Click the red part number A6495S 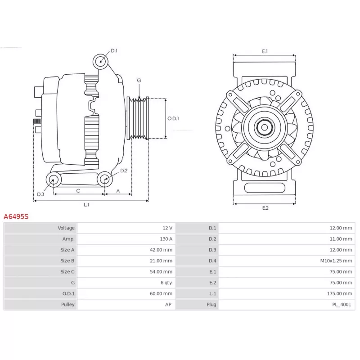click(x=16, y=216)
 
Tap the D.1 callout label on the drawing click(x=114, y=51)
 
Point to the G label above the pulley click(x=139, y=81)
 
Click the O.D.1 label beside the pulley click(x=173, y=118)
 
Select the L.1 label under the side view click(x=86, y=205)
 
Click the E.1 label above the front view click(x=265, y=51)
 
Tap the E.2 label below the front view click(x=265, y=208)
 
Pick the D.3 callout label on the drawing click(x=40, y=194)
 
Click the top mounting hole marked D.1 click(x=100, y=62)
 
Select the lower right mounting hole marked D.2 click(x=105, y=179)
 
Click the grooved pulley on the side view click(x=138, y=118)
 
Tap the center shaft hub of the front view click(x=265, y=127)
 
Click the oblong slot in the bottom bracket click(x=265, y=188)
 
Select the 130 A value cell click(x=166, y=239)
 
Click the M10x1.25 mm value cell click(x=336, y=261)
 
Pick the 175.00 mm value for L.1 click(x=340, y=294)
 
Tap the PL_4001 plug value click(x=342, y=305)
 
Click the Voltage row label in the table click(x=66, y=228)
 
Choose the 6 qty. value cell click(x=166, y=283)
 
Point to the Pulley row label click(x=68, y=305)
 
